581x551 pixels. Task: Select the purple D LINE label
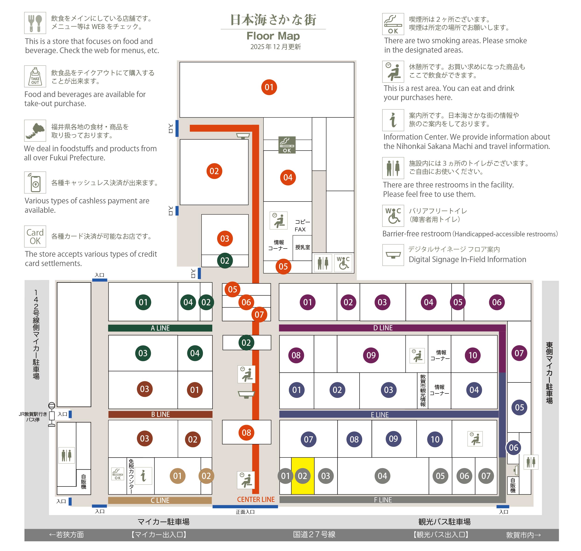click(x=383, y=328)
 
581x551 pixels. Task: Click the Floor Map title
click(x=273, y=36)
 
